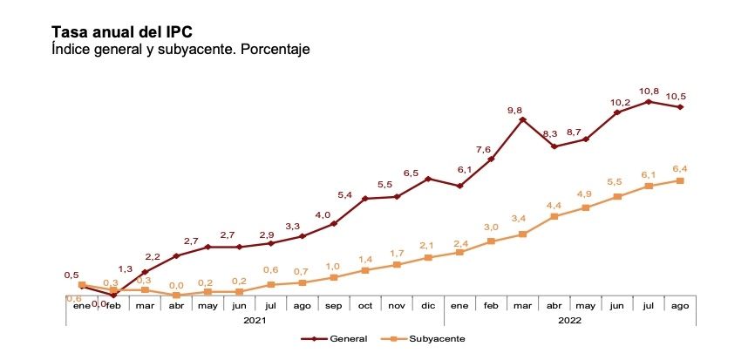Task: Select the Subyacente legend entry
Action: tap(427, 338)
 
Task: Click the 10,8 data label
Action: tap(649, 91)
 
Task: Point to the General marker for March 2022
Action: tap(522, 119)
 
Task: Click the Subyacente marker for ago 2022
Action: tap(680, 180)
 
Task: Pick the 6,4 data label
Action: tap(680, 168)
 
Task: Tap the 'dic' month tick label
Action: tap(428, 306)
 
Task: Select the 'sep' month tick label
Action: tap(334, 306)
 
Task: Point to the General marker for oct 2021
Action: tap(365, 199)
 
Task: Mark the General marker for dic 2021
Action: tap(428, 179)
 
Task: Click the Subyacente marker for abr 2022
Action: tap(554, 216)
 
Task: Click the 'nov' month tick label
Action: tap(397, 306)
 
